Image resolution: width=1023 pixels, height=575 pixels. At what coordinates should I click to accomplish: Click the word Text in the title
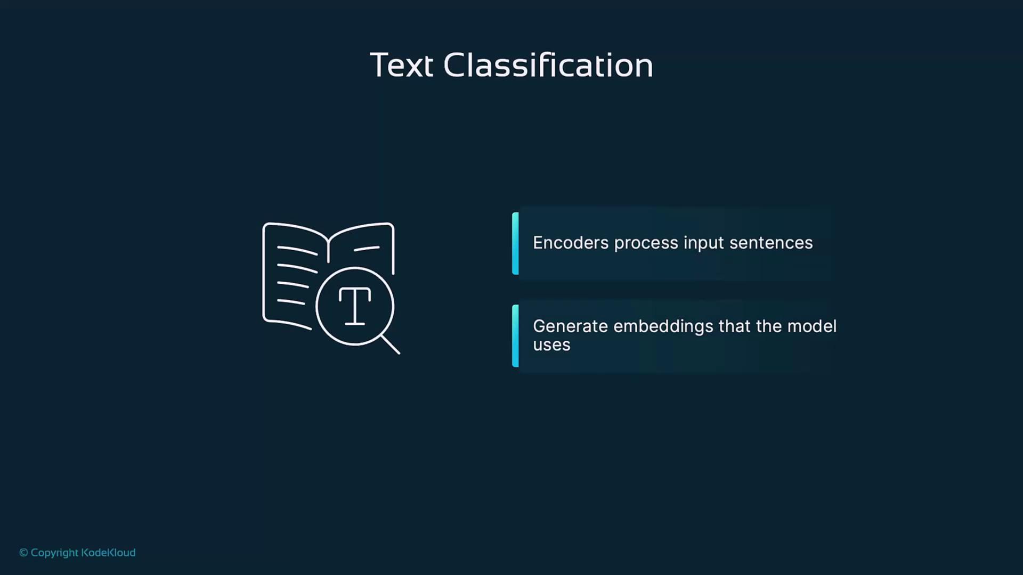click(401, 65)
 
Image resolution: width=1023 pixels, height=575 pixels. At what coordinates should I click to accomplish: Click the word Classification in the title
click(548, 65)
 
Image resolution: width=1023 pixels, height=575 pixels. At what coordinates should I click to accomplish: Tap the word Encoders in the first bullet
click(571, 243)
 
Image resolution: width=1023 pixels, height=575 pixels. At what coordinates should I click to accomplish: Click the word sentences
click(771, 243)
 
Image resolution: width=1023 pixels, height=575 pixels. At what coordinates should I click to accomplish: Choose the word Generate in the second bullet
click(570, 326)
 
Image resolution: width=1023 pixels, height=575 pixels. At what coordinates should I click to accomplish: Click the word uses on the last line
click(551, 345)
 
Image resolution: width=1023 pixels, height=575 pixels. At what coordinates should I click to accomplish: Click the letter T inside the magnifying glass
click(355, 306)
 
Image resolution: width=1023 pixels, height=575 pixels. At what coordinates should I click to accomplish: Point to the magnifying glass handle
click(391, 344)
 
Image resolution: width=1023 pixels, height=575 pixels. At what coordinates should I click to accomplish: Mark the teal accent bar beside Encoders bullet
click(515, 243)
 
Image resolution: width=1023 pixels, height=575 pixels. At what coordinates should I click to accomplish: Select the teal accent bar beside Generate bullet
click(515, 336)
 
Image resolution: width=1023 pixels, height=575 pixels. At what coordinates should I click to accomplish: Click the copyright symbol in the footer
click(23, 553)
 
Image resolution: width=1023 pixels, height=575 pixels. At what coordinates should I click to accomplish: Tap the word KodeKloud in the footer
click(108, 553)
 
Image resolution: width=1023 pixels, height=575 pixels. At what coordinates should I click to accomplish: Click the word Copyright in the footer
click(54, 553)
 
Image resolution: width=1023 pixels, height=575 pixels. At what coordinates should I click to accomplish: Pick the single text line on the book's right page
click(367, 248)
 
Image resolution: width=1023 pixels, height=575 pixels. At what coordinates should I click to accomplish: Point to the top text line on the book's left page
click(297, 250)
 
